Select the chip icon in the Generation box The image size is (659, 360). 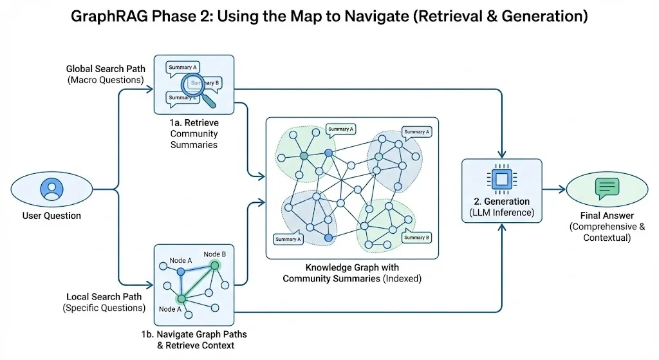coord(501,179)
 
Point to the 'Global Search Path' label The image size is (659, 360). coord(106,68)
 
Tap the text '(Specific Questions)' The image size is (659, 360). coord(104,308)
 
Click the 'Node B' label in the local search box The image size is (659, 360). coord(215,254)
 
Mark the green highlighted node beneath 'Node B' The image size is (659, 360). coord(215,265)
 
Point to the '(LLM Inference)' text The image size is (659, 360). coord(502,211)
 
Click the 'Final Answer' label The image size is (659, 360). coord(606,215)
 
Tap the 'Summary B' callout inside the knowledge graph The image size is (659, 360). coord(415,238)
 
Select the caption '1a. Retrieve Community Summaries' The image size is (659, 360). coord(194,133)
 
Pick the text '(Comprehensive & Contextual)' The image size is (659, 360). coord(606,232)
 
